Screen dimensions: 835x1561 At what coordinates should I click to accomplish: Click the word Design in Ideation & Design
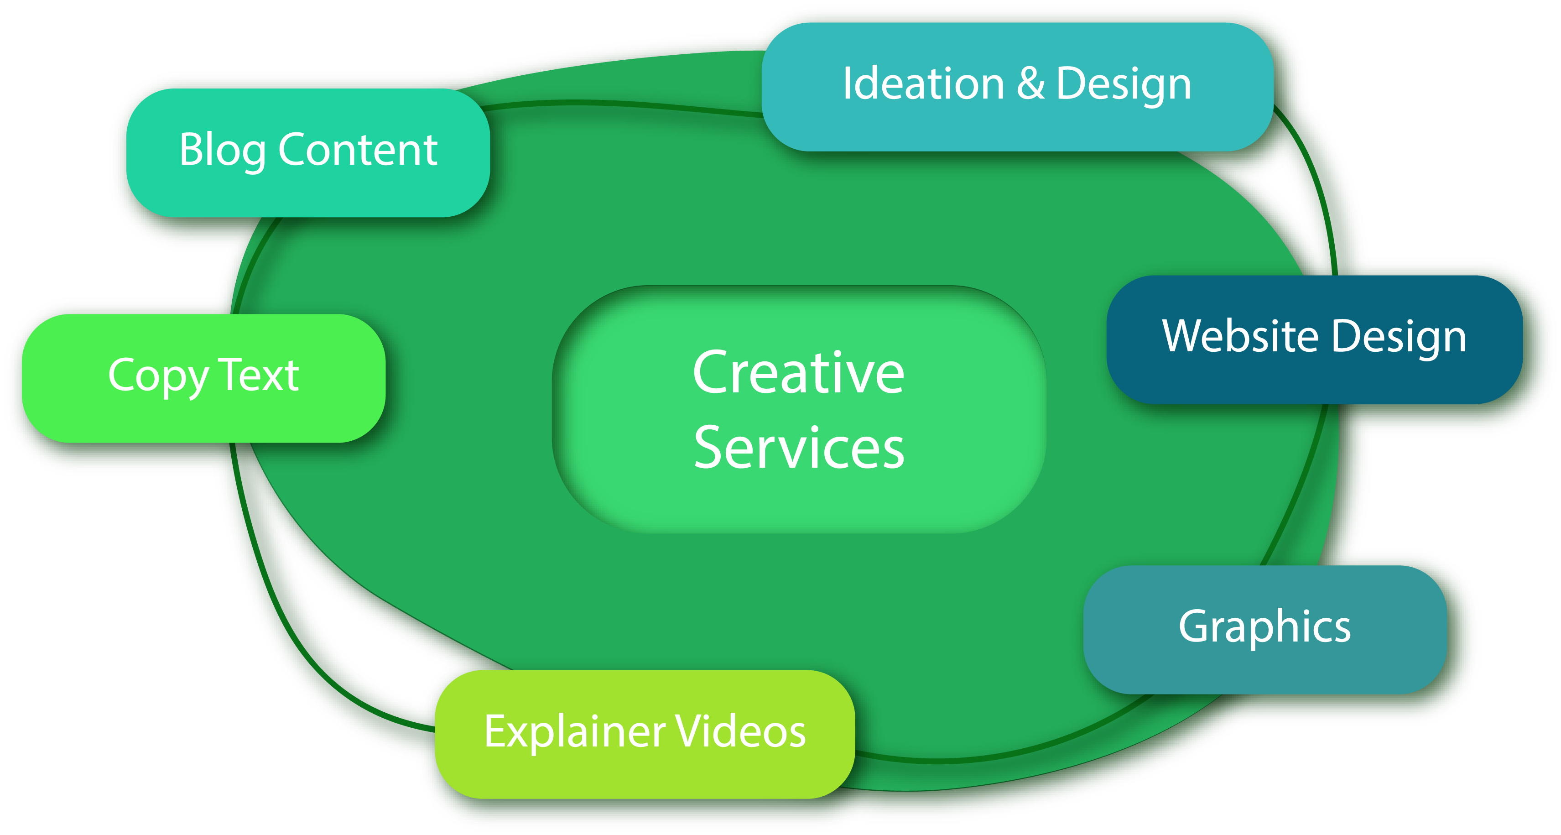click(x=1124, y=85)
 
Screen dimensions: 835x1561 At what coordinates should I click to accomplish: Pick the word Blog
click(x=222, y=150)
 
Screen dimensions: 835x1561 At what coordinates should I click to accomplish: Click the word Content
click(x=358, y=150)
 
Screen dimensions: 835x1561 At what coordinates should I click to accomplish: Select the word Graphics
click(x=1264, y=627)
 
